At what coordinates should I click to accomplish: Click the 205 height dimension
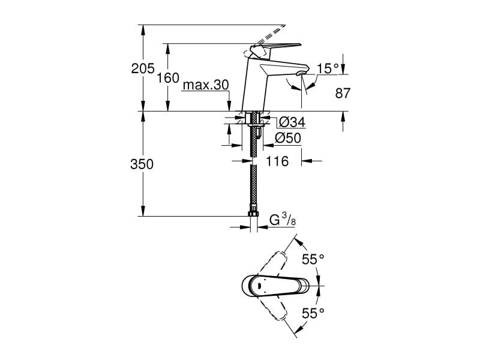(142, 68)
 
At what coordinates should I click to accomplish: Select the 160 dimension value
(169, 78)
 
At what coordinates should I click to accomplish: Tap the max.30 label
(206, 85)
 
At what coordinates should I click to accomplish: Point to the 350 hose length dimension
(142, 164)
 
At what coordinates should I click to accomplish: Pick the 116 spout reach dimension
(277, 161)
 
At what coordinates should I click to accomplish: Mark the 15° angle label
(328, 69)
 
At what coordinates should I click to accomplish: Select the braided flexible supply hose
(254, 180)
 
